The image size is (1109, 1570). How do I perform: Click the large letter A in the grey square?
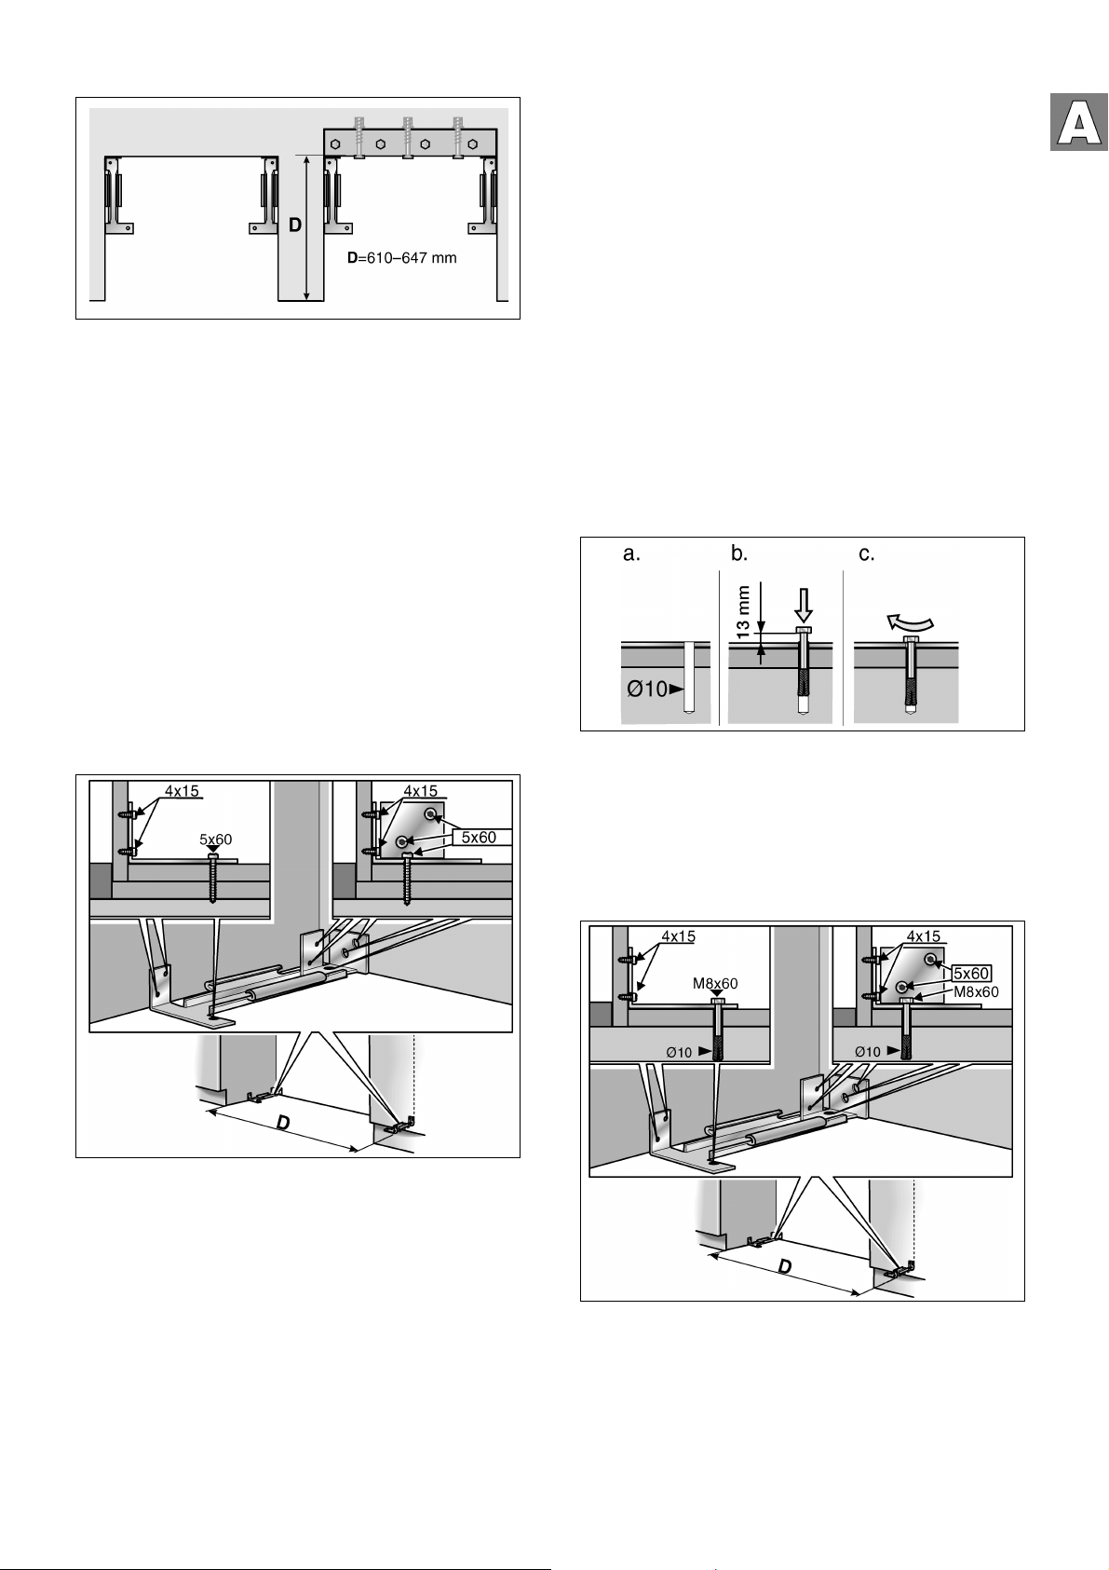point(1078,123)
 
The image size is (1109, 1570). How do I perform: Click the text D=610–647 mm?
point(402,258)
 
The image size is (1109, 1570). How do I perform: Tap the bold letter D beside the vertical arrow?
point(295,225)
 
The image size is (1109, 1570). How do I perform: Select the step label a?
point(631,554)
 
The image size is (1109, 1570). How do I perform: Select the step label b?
point(739,553)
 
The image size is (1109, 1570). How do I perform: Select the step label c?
point(867,554)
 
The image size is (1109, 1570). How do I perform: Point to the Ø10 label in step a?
point(646,689)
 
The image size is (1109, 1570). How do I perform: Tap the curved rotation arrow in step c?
point(910,621)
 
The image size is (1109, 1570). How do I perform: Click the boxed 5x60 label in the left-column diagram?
point(479,838)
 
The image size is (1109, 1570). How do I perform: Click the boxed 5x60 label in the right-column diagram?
point(971,973)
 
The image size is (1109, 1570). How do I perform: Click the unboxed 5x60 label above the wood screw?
point(216,839)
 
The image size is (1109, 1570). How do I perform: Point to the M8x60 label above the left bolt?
point(715,983)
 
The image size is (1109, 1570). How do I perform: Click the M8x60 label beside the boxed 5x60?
point(976,991)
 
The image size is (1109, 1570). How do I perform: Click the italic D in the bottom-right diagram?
point(785,1266)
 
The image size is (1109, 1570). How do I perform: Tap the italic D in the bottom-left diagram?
point(282,1122)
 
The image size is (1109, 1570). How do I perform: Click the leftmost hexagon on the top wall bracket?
point(336,143)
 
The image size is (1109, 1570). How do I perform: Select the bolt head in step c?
point(910,640)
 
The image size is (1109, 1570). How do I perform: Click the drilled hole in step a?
point(689,677)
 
